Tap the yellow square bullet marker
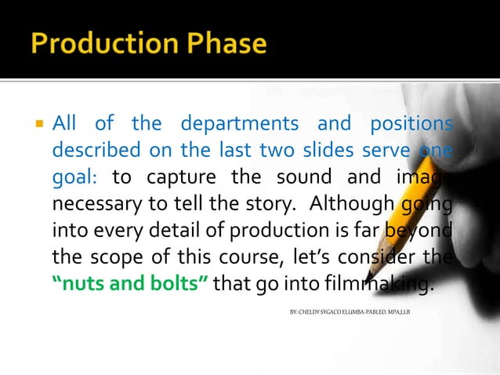click(37, 124)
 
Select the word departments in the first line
click(239, 124)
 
